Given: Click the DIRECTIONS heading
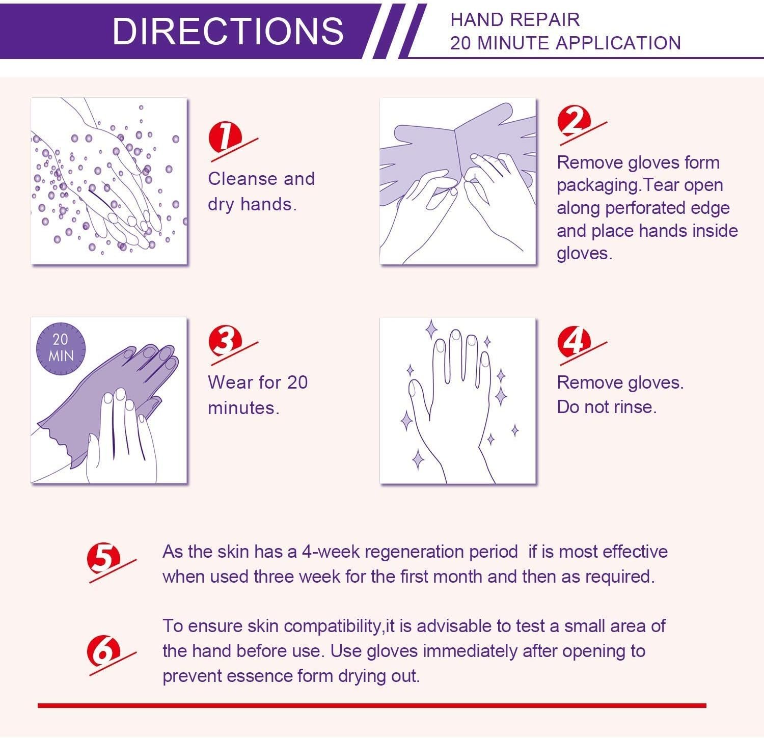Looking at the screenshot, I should coord(228,31).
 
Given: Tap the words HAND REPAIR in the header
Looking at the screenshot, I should coord(515,20).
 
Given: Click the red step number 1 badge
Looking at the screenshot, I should coord(224,136).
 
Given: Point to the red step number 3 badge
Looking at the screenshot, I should coord(224,340).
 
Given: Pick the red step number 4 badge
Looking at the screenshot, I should coord(574,340).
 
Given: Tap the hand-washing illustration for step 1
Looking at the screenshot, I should coord(109,181).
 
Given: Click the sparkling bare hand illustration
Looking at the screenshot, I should coord(458,400).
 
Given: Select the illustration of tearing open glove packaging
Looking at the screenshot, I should coord(458,181).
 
